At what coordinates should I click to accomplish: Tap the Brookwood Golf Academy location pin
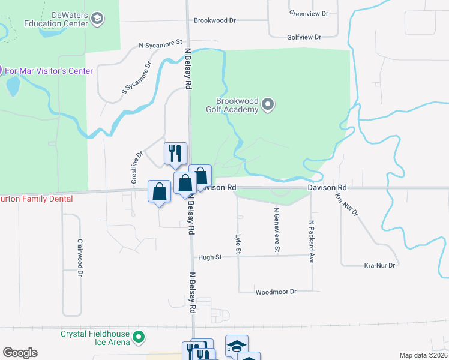click(x=268, y=106)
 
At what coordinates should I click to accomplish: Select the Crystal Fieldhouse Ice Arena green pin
click(x=139, y=338)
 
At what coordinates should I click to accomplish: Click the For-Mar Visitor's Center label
click(x=49, y=71)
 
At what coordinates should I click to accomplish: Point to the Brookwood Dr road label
click(x=215, y=20)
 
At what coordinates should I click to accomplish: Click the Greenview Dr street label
click(x=309, y=13)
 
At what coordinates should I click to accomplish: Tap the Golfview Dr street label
click(x=304, y=37)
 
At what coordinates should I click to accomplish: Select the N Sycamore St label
click(x=160, y=44)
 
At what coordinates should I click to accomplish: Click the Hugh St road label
click(x=210, y=257)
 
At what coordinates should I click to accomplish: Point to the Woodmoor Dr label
click(x=276, y=292)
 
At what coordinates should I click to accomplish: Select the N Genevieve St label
click(x=277, y=230)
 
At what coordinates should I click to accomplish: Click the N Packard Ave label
click(x=312, y=242)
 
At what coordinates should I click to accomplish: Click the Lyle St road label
click(x=238, y=243)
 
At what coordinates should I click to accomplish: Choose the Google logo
click(x=20, y=353)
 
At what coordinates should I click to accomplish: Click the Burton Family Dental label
click(x=36, y=199)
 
